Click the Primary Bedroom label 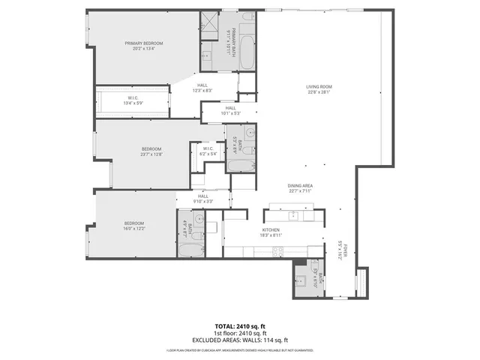[x=143, y=46]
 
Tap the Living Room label [x=318, y=90]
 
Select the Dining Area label [x=299, y=188]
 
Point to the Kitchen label [x=271, y=233]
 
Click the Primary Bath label [x=232, y=41]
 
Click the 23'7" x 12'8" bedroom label [x=151, y=151]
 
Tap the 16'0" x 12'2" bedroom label [x=134, y=225]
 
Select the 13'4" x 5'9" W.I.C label [x=132, y=100]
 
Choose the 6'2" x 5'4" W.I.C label [x=208, y=152]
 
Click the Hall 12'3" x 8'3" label [x=202, y=88]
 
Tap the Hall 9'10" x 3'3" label [x=202, y=199]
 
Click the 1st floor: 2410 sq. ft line [x=240, y=334]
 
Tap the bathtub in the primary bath [x=248, y=45]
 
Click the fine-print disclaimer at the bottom [x=240, y=349]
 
